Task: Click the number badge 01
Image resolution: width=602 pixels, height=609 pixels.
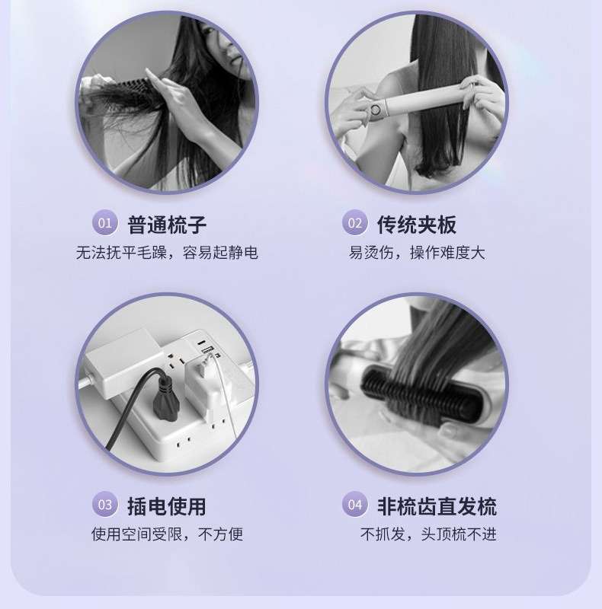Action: click(104, 222)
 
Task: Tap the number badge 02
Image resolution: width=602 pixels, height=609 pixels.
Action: click(354, 222)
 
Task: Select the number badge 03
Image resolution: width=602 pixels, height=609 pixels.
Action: click(104, 504)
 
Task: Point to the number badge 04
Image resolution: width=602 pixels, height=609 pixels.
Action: click(354, 504)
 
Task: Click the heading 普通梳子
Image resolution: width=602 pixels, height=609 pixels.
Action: click(167, 225)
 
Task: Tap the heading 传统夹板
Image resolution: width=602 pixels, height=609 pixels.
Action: click(417, 225)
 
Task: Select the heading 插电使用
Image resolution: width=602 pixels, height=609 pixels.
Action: click(167, 506)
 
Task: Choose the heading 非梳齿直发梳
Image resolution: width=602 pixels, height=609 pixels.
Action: click(437, 506)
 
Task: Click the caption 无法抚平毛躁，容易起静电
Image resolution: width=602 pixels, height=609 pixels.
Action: click(167, 253)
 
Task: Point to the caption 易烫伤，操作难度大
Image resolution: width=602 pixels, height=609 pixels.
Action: click(417, 253)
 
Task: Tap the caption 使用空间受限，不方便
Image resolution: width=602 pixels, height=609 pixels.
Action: click(167, 534)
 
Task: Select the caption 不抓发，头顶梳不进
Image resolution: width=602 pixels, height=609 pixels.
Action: click(428, 534)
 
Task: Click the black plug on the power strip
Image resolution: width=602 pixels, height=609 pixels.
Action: click(166, 394)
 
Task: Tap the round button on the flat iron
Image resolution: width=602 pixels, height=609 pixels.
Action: click(375, 110)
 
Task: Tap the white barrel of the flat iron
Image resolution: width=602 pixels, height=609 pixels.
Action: click(424, 102)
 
